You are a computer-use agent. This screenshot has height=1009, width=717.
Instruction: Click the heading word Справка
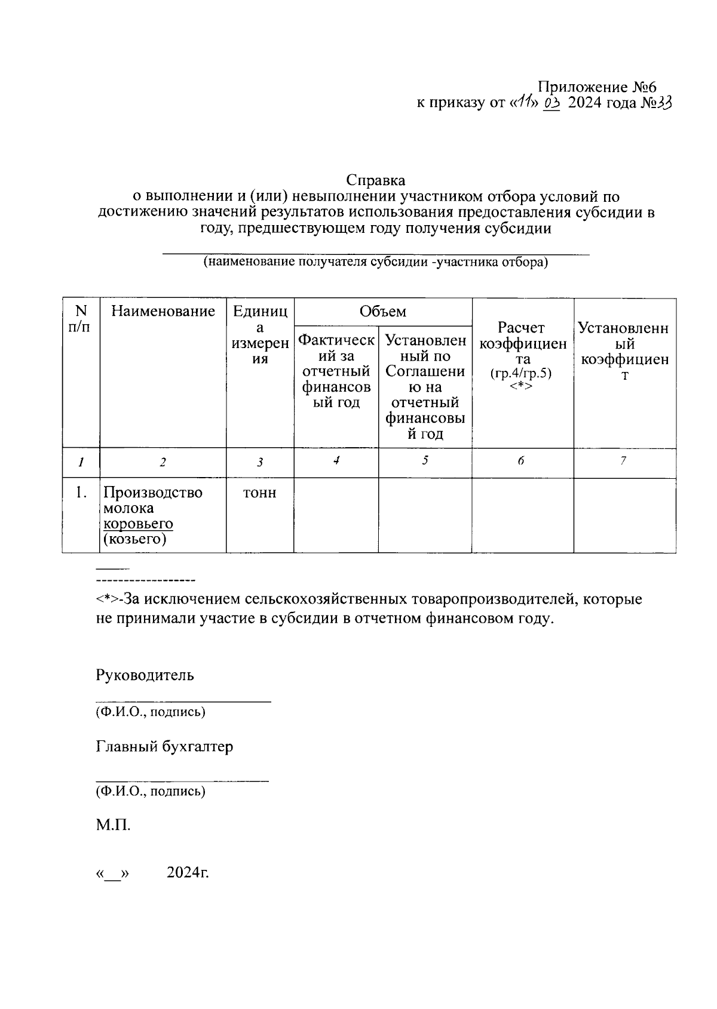coord(376,180)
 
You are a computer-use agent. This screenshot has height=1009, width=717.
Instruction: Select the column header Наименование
coord(163,311)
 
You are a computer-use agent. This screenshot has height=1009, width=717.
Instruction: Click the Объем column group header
coord(382,311)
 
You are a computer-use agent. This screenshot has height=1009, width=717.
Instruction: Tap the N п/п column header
coord(81,319)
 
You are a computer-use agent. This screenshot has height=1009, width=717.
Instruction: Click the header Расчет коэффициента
coord(522,343)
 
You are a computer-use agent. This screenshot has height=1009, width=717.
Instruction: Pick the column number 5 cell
coord(425,460)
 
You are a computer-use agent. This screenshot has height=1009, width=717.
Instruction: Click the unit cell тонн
coord(260,493)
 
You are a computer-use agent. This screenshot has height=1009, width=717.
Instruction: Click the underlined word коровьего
coord(138,524)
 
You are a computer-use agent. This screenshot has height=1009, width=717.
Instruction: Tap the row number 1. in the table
coord(81,493)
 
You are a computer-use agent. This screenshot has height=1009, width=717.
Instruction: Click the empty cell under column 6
coord(522,515)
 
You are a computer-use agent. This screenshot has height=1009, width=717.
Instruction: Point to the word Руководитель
coord(145,675)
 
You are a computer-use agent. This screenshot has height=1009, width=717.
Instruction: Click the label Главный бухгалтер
coord(164,746)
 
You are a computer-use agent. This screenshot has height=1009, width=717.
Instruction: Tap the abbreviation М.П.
coord(113,826)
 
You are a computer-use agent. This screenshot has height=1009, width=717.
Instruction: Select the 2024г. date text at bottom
coord(188,872)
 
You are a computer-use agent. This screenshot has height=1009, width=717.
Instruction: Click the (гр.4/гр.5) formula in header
coord(520,374)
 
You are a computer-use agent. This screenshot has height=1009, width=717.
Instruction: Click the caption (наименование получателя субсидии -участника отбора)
coord(376,262)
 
